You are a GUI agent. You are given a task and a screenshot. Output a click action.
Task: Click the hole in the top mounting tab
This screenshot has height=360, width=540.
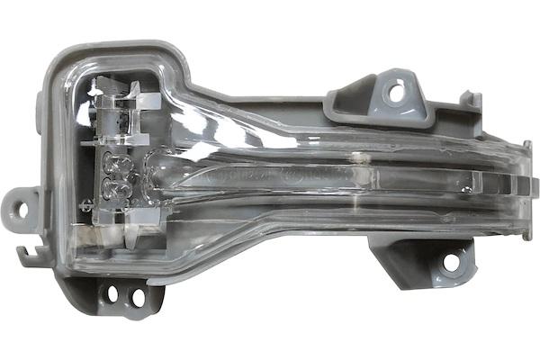tap(393, 90)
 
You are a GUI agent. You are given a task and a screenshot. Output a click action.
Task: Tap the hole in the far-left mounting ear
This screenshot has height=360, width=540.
tap(22, 211)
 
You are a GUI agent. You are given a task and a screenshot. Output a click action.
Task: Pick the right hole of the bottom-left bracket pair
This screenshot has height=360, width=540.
tap(137, 294)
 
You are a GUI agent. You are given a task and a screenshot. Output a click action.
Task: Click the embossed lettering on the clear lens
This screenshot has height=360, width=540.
tap(261, 176)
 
